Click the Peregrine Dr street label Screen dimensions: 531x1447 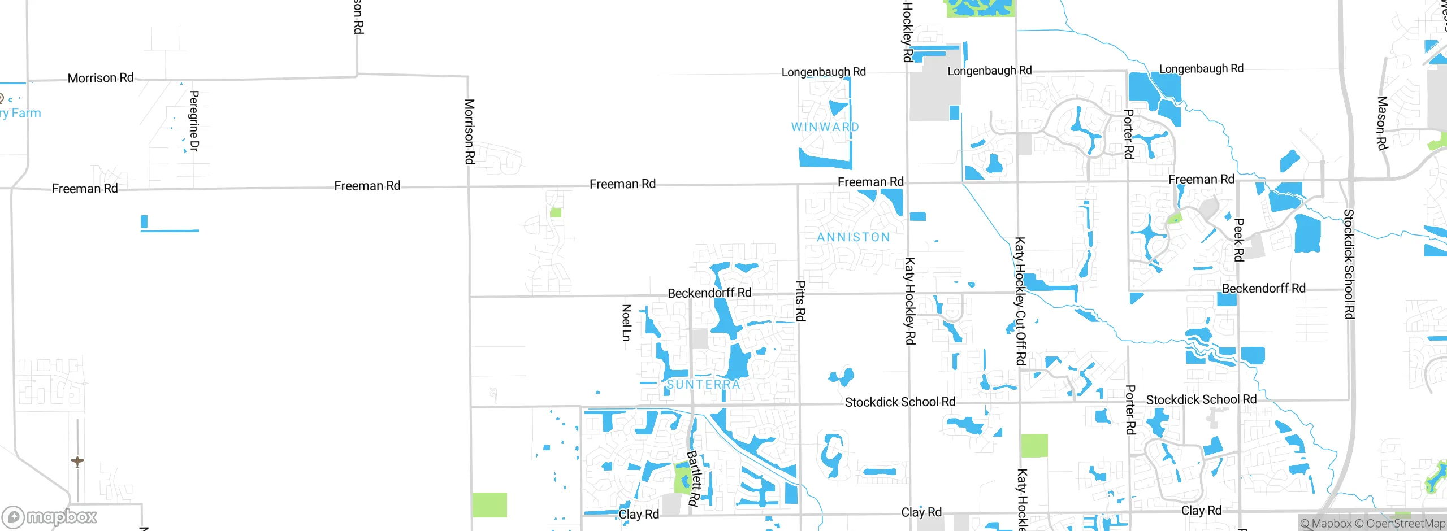[194, 121]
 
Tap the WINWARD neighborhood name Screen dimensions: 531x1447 [825, 127]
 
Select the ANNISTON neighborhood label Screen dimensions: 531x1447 [854, 237]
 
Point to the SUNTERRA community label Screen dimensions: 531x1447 [703, 385]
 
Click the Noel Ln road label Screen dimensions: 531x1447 [626, 323]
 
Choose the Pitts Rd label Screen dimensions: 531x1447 [800, 301]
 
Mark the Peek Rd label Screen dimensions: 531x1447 [1238, 240]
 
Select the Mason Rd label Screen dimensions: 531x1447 [1382, 123]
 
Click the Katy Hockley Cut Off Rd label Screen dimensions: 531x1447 [1020, 301]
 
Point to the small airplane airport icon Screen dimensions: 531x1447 [77, 462]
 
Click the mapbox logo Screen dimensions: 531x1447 [50, 517]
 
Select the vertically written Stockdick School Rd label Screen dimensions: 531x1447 [1349, 264]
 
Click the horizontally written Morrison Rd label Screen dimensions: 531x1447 [101, 78]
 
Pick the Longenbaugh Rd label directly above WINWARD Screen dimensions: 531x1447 [824, 72]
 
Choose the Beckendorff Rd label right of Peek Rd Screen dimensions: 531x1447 [1263, 289]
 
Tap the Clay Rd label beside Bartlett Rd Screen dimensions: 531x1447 [639, 514]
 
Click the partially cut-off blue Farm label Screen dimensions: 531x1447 [21, 113]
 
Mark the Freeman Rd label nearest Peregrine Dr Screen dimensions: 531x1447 [85, 189]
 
